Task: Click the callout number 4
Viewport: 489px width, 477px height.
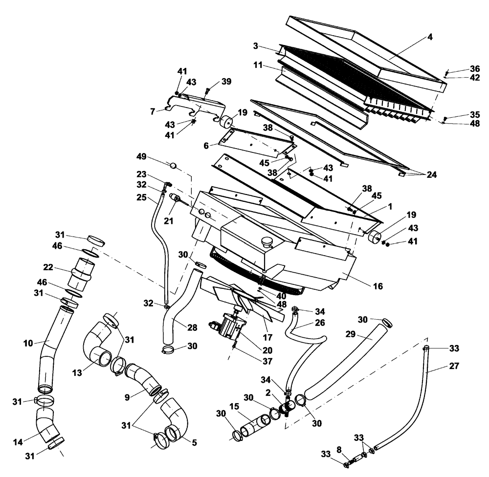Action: click(430, 37)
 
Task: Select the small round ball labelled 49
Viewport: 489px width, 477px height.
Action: click(173, 165)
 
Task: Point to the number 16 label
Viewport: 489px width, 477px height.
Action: click(377, 286)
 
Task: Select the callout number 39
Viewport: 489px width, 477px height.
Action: click(226, 81)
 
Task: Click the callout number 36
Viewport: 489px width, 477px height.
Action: click(462, 68)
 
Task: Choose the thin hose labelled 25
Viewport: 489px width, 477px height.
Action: click(161, 244)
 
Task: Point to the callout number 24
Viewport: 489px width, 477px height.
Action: click(431, 174)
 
